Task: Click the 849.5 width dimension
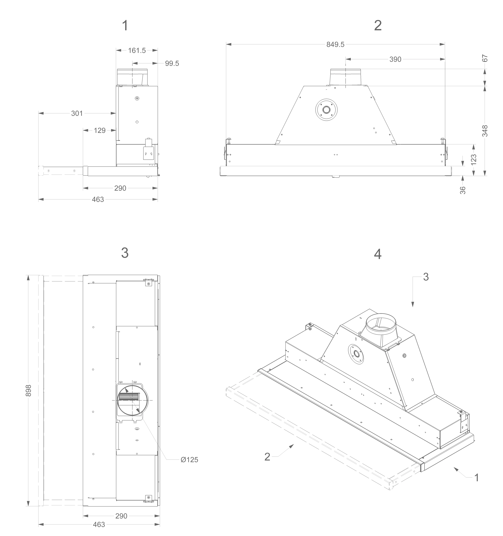click(x=335, y=44)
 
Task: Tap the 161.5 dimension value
click(x=137, y=50)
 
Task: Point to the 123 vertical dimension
click(x=474, y=160)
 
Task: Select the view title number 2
click(x=378, y=26)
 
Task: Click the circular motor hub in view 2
click(x=326, y=110)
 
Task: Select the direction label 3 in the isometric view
click(x=426, y=277)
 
